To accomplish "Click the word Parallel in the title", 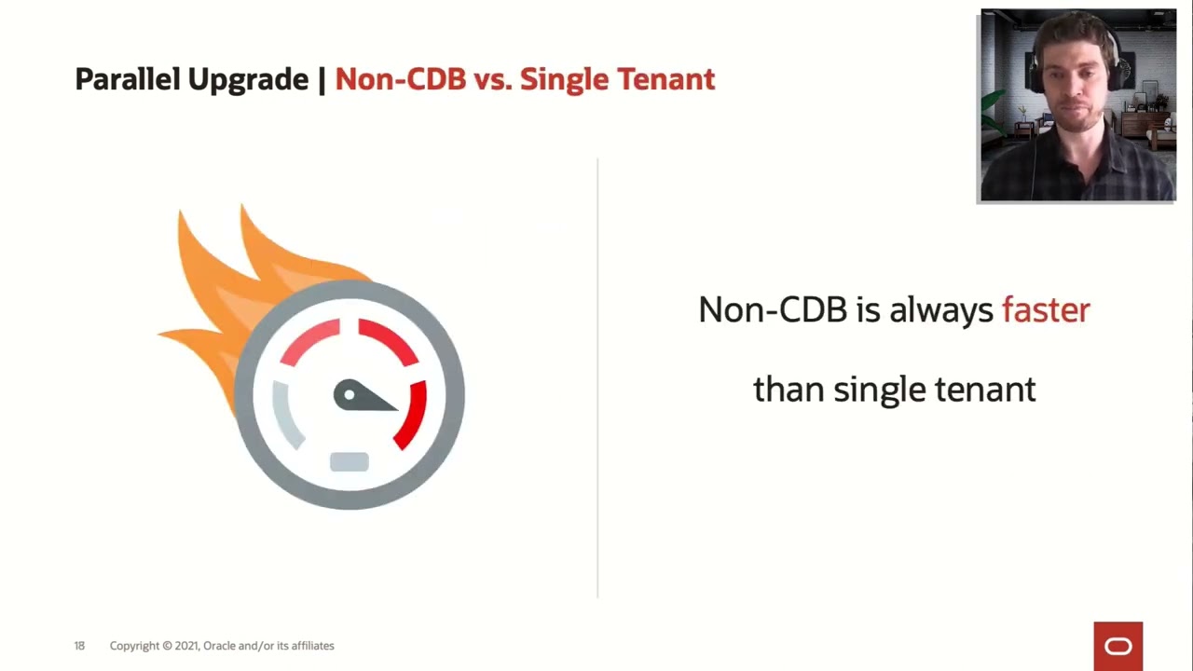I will (128, 80).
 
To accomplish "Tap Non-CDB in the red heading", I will (400, 80).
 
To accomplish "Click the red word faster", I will (1045, 310).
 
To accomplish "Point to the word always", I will (940, 310).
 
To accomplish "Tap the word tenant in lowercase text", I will (985, 390).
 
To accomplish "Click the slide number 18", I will (79, 646).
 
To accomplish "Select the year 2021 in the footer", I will (186, 646).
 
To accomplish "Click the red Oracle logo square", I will (1118, 646).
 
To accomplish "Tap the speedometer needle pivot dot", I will (350, 395).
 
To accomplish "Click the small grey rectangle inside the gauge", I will (350, 462).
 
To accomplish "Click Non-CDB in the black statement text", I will (773, 310).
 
